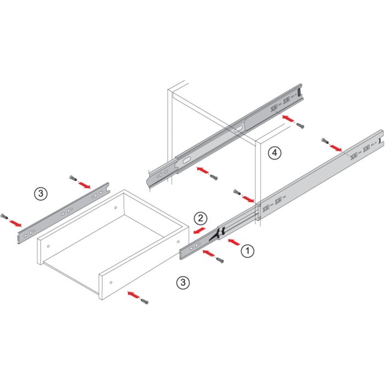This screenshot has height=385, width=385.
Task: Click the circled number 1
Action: pyautogui.click(x=248, y=251)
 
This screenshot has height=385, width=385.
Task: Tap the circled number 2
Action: pyautogui.click(x=201, y=218)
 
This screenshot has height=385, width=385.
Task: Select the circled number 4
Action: pyautogui.click(x=274, y=153)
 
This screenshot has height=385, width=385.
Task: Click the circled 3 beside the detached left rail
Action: pyautogui.click(x=41, y=194)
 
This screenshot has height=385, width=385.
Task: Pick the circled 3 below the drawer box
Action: pyautogui.click(x=183, y=282)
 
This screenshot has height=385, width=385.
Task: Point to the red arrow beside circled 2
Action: pyautogui.click(x=199, y=231)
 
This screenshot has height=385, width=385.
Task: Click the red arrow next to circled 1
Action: pyautogui.click(x=234, y=242)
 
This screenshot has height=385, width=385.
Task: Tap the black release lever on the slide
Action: pyautogui.click(x=215, y=235)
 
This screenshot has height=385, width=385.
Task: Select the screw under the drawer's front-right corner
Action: pyautogui.click(x=144, y=301)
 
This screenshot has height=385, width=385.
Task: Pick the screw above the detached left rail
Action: pyautogui.click(x=73, y=178)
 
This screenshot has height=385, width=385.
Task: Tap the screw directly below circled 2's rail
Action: pyautogui.click(x=220, y=260)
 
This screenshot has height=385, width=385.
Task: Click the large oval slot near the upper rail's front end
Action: pyautogui.click(x=186, y=161)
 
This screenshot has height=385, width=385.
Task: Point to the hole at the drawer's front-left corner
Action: pyautogui.click(x=48, y=246)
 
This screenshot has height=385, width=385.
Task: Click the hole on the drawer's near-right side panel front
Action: pyautogui.click(x=111, y=283)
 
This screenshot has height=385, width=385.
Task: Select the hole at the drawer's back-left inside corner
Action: pyautogui.click(x=116, y=208)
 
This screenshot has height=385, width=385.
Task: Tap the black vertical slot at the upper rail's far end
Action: pyautogui.click(x=299, y=92)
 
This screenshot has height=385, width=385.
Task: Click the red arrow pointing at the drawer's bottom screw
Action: pyautogui.click(x=133, y=295)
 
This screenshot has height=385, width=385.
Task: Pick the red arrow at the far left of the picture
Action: pyautogui.click(x=15, y=223)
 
